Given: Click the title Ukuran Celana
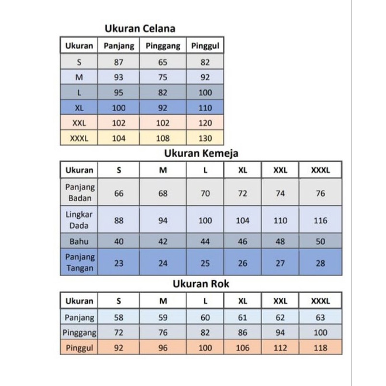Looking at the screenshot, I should point(140,28).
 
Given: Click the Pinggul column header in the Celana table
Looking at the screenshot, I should point(204,46).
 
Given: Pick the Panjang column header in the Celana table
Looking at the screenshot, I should point(119,46).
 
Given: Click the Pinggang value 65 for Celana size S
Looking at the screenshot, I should point(163,61).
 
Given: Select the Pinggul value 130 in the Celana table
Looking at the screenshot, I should point(204,138).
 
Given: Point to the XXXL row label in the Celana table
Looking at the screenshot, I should point(79,138).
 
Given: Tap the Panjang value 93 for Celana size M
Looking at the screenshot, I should point(119,77).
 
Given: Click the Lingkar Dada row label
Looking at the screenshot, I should point(80,220).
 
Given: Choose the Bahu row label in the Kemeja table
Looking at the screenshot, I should point(80,241).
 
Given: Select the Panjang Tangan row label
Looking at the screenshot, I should point(80,263).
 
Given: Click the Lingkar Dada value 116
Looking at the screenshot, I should point(320,220).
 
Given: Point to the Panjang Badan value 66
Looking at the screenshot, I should point(119,193).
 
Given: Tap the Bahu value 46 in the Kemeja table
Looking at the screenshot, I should point(243,241).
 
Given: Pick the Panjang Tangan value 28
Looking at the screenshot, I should point(320,263).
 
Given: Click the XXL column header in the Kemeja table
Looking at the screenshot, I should point(280,170).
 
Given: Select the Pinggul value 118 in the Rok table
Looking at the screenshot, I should point(320,347).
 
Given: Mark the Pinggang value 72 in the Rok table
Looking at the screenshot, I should point(119,332).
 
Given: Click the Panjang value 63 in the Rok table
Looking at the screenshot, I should point(320,317).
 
